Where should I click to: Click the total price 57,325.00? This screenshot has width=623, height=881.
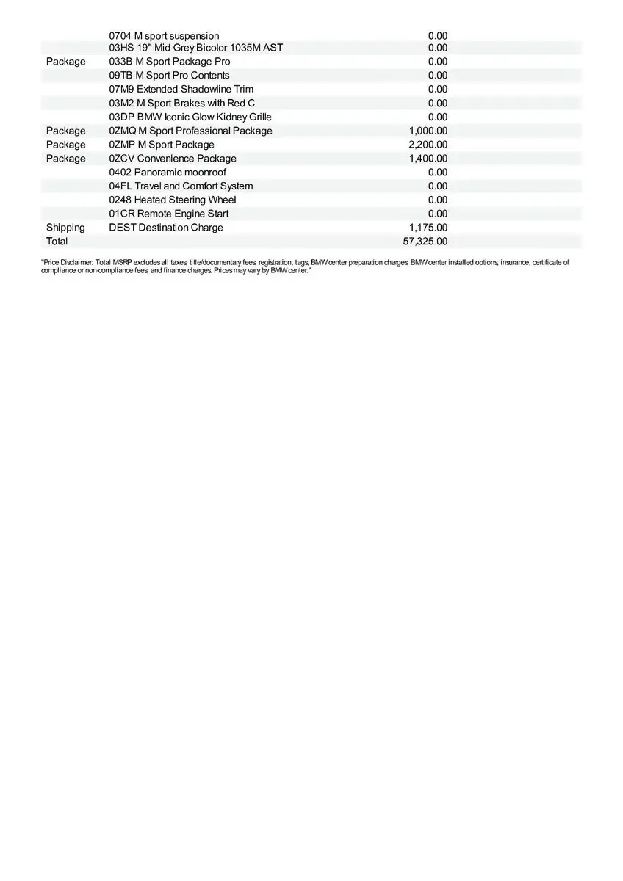425,242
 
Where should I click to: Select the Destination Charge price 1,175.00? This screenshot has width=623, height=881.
428,228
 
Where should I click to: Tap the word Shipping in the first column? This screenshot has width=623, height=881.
65,228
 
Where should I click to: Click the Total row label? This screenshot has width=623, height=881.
57,242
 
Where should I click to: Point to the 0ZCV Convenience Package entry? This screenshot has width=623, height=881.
173,159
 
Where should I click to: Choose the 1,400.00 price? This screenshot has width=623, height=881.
428,159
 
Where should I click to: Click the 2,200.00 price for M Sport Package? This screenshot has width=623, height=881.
428,145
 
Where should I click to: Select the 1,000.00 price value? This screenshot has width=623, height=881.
428,131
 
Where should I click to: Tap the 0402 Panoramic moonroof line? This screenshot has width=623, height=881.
168,173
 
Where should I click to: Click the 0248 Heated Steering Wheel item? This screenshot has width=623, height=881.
173,200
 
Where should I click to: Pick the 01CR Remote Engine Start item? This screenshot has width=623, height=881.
168,214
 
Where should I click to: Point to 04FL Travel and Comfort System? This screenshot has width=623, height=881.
181,186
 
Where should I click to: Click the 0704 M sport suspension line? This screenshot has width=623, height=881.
164,36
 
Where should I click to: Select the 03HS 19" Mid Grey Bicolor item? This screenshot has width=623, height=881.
195,48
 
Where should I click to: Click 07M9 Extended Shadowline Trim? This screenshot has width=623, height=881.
181,90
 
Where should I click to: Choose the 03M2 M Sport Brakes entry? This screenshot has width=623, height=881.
181,104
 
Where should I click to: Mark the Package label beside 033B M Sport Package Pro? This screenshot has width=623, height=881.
65,62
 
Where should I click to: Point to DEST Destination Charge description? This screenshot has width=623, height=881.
166,228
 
